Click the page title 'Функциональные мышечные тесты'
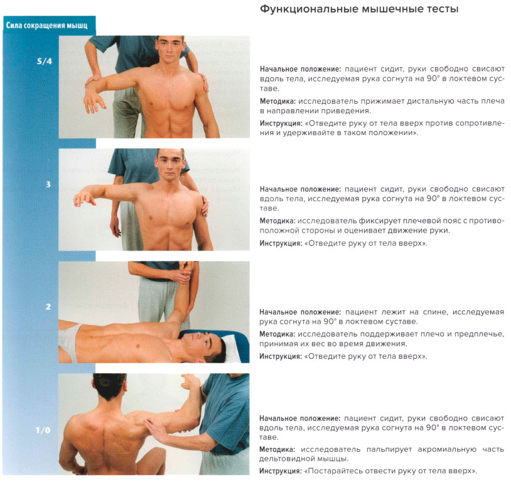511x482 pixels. tap(359, 9)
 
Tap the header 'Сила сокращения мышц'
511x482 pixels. tap(46, 26)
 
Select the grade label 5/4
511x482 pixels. tap(45, 61)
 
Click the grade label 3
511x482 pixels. tap(48, 184)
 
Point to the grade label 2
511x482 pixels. tap(48, 307)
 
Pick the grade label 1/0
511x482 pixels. tap(43, 430)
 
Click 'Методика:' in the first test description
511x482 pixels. tap(277, 101)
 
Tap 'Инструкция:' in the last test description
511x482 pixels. tap(281, 471)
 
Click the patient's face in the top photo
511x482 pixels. tap(169, 50)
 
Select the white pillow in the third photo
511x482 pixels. tap(235, 349)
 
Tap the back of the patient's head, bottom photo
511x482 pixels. tap(109, 386)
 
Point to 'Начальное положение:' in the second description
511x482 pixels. tap(300, 189)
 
